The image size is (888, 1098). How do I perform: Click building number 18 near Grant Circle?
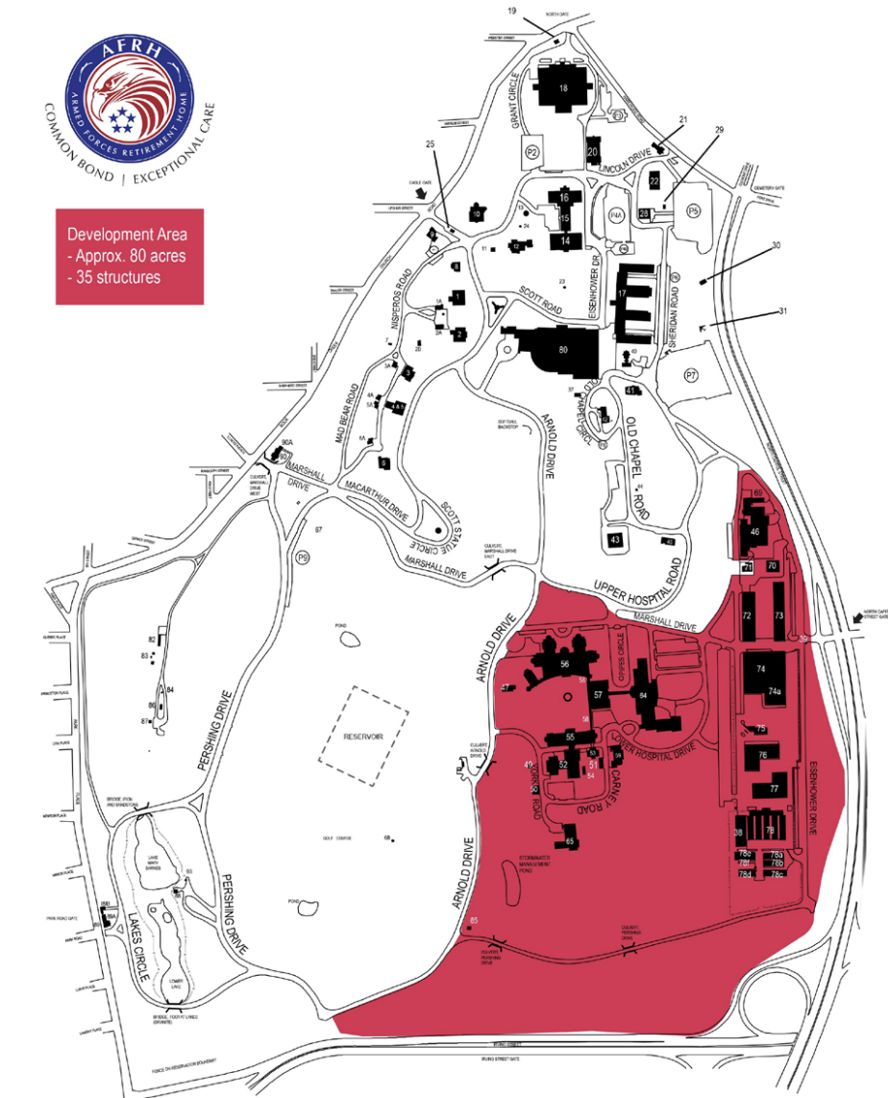pyautogui.click(x=564, y=88)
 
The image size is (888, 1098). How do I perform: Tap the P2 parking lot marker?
pyautogui.click(x=531, y=152)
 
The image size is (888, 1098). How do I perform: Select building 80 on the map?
pyautogui.click(x=563, y=350)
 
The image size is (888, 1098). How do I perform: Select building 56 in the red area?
pyautogui.click(x=565, y=664)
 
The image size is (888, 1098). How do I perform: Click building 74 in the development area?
pyautogui.click(x=761, y=667)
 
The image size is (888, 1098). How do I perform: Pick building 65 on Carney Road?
pyautogui.click(x=570, y=841)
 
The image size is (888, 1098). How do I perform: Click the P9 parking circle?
pyautogui.click(x=304, y=558)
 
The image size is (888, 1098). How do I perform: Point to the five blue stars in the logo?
pyautogui.click(x=122, y=120)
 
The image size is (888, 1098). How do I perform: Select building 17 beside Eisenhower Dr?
pyautogui.click(x=624, y=292)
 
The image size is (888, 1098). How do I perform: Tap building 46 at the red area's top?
pyautogui.click(x=754, y=531)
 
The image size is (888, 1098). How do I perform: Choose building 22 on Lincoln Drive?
pyautogui.click(x=654, y=180)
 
